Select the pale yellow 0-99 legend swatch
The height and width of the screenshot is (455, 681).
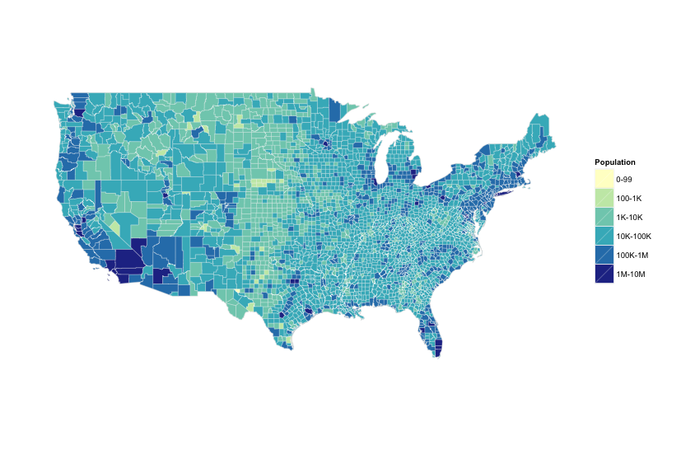click(604, 179)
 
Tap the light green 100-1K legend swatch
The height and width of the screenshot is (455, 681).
click(604, 198)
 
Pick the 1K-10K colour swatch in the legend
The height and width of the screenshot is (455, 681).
click(604, 217)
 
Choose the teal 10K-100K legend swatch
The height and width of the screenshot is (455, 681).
click(604, 236)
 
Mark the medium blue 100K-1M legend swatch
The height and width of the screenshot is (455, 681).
click(604, 255)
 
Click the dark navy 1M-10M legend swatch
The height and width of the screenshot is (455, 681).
click(604, 274)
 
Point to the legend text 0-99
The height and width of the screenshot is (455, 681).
click(623, 179)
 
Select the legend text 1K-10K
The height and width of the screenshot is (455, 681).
click(629, 217)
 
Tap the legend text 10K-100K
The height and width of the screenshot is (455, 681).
click(633, 236)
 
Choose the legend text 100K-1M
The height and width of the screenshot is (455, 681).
click(632, 255)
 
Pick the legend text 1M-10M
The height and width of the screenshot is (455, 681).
click(631, 274)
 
